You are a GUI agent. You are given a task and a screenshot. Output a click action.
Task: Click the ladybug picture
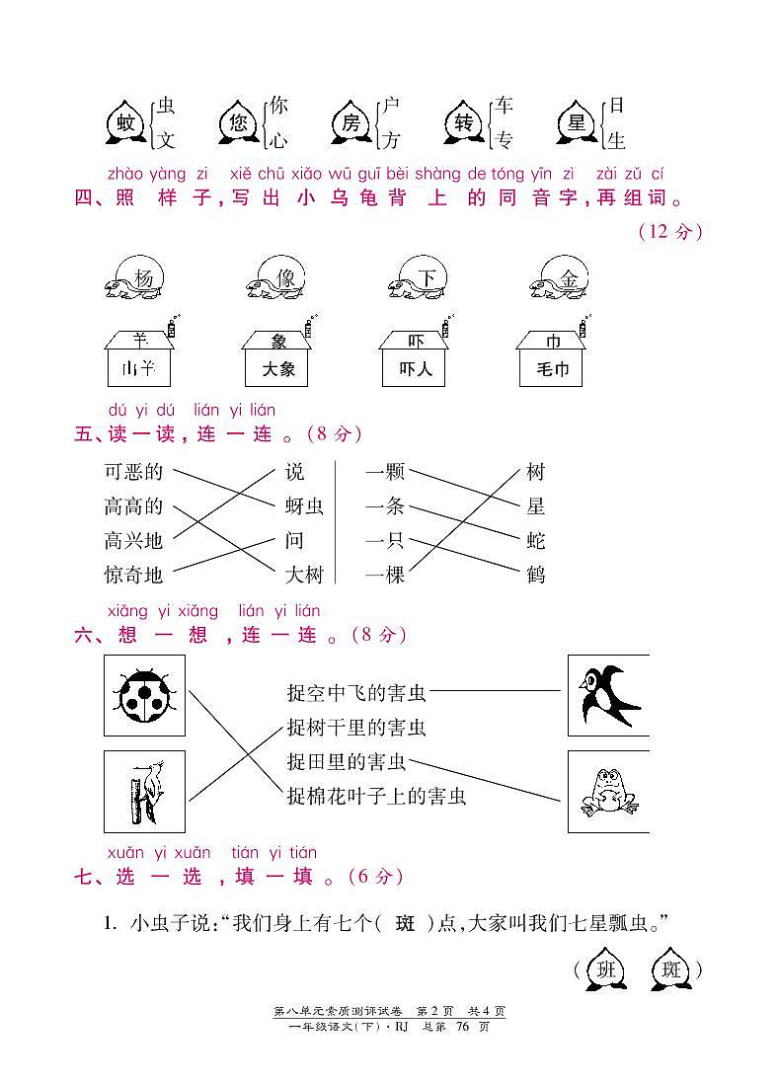click(144, 694)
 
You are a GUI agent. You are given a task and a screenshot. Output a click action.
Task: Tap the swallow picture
click(607, 694)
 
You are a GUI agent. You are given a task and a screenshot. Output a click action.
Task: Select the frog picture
click(607, 792)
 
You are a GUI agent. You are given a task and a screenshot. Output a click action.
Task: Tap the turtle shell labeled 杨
click(143, 279)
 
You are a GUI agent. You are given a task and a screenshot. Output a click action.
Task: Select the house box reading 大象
click(277, 369)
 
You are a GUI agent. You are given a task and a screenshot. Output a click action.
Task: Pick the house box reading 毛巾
click(552, 369)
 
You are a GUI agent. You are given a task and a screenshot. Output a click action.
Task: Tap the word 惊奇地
click(133, 575)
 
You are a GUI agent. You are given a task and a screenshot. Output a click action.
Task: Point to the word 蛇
click(536, 541)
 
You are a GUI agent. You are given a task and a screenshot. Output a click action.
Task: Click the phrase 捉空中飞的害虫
click(356, 694)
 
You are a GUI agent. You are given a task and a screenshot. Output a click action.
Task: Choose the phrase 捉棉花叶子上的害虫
click(376, 795)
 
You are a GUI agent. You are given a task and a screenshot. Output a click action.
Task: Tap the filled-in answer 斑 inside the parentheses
click(406, 924)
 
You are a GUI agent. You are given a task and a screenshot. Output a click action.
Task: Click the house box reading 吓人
click(415, 369)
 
